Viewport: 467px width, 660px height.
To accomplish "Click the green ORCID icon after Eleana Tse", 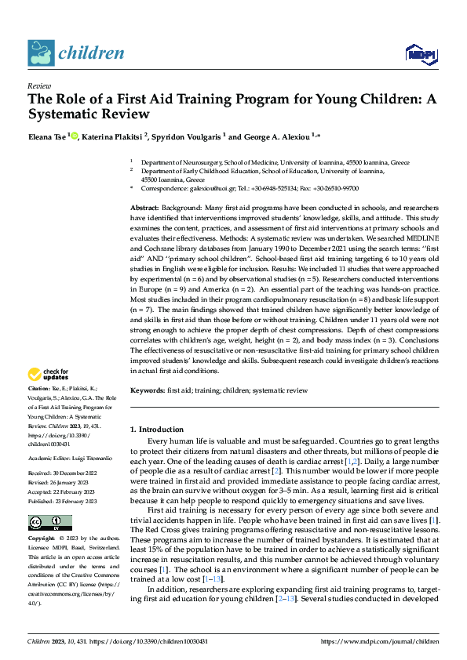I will (x=75, y=136).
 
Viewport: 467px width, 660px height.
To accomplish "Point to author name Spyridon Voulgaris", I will (x=187, y=136).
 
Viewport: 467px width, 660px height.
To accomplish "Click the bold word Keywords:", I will (x=148, y=390).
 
